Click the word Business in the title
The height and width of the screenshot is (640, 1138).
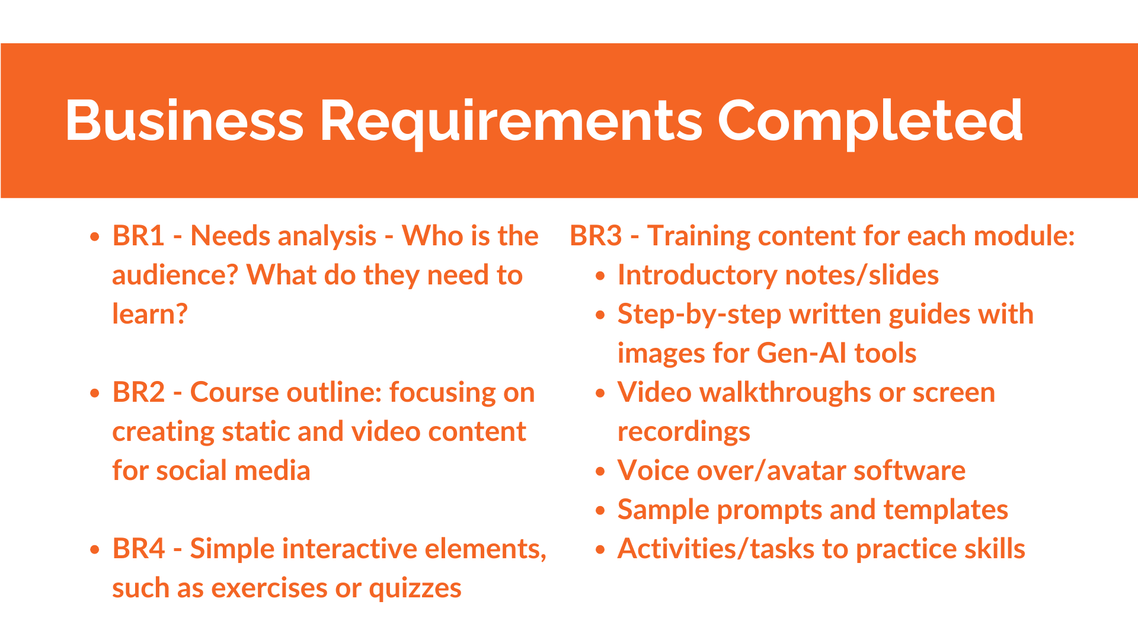[x=184, y=120]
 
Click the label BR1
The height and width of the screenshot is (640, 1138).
[x=138, y=236]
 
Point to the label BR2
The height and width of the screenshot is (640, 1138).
[x=139, y=392]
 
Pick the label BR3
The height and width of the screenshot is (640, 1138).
[x=596, y=236]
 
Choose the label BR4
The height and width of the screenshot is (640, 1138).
[x=139, y=549]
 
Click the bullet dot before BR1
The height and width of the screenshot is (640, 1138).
[x=95, y=237]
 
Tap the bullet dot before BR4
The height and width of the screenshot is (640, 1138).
[x=95, y=550]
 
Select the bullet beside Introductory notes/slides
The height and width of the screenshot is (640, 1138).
[x=600, y=276]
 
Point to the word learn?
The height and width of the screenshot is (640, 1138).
[x=150, y=314]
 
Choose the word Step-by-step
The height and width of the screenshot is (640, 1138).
[x=699, y=315]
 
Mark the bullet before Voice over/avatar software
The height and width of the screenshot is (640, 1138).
[x=600, y=472]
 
